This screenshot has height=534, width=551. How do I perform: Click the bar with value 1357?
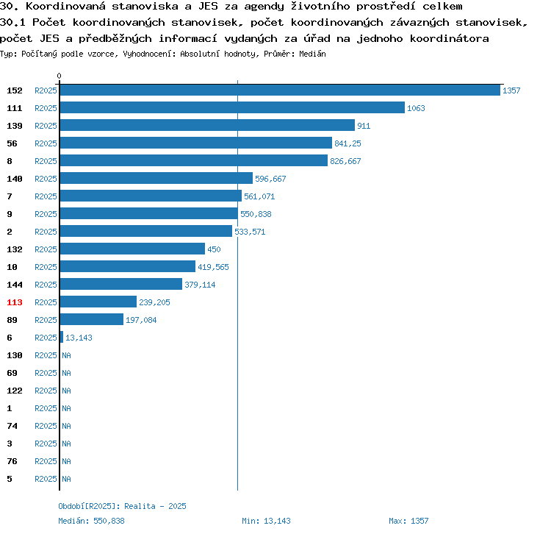point(280,90)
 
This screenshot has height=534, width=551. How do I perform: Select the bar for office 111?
point(232,107)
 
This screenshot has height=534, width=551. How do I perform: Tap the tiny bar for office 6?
point(62,337)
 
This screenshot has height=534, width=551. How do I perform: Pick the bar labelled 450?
point(132,249)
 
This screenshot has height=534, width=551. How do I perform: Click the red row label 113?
point(15,302)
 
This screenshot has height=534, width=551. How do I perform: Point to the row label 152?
point(15,90)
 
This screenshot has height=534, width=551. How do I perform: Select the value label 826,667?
point(345,161)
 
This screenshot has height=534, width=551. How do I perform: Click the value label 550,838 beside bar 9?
point(256,214)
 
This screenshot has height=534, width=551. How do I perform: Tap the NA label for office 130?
point(66,355)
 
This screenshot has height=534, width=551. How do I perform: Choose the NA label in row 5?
point(66,479)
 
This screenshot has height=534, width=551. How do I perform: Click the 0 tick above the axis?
point(59,76)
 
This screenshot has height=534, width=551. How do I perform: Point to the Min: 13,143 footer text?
point(266,521)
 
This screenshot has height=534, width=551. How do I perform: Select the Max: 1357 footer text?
point(408,521)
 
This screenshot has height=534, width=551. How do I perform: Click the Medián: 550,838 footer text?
point(91,521)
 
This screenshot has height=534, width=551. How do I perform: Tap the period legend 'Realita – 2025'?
point(155,506)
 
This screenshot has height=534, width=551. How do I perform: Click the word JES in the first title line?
point(208,7)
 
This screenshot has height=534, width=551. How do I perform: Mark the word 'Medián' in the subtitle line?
point(312,54)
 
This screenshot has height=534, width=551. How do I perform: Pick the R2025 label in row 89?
point(46,320)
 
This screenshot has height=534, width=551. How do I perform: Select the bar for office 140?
point(156,178)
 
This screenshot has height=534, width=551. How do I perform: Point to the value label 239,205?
point(154,302)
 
